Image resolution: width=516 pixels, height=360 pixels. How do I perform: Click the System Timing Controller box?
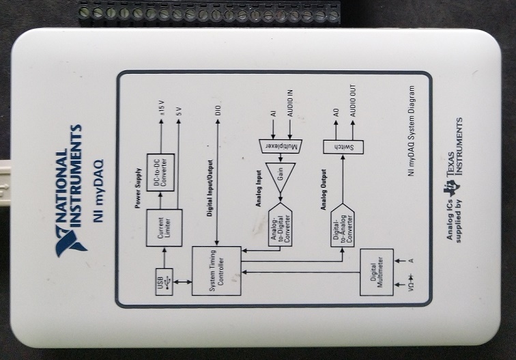coord(215,271)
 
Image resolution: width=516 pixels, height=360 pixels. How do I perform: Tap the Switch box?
coord(341,147)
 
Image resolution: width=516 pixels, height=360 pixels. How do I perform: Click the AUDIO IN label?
coord(289,109)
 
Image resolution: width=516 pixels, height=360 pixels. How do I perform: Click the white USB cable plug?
coord(8,181)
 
